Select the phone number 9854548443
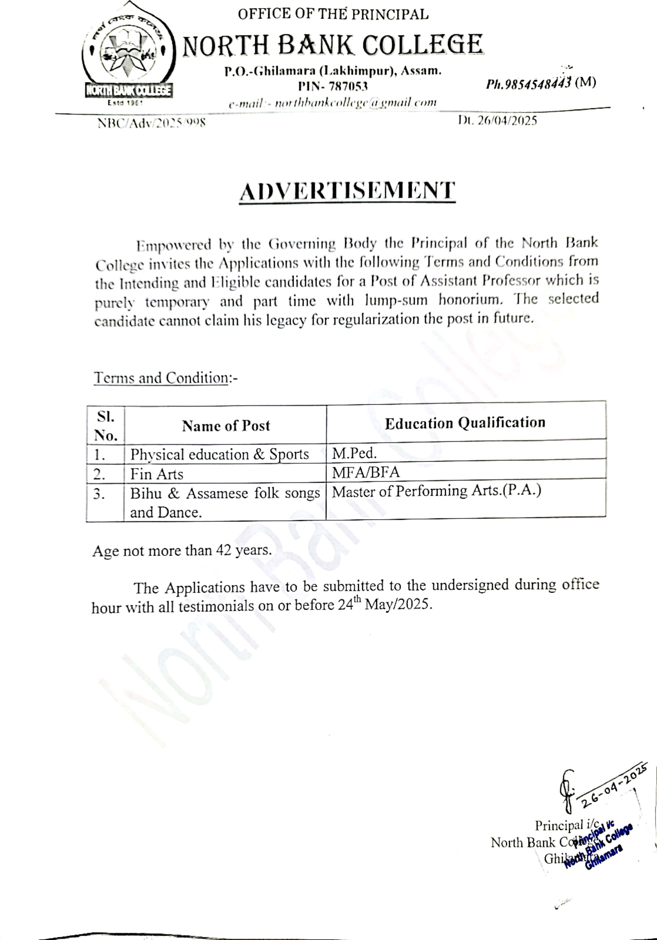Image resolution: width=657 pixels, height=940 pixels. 528,83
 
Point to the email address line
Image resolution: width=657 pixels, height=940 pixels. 333,102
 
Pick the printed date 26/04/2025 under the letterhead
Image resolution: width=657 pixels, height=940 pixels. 497,120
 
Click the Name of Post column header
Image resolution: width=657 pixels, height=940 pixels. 226,426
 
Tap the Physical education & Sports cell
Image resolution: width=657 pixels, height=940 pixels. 219,454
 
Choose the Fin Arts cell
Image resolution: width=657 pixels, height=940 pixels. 157,474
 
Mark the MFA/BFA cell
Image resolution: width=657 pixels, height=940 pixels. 365,472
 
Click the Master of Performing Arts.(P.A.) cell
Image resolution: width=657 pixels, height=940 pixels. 436,491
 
